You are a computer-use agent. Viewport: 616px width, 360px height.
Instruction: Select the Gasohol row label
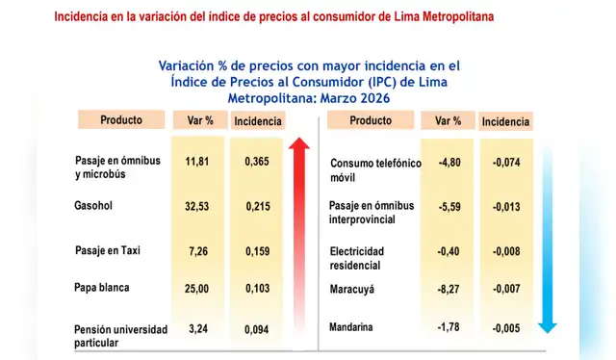click(92, 206)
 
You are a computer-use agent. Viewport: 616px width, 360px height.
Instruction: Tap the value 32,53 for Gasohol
click(197, 206)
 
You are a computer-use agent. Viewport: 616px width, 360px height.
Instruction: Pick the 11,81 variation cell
click(197, 163)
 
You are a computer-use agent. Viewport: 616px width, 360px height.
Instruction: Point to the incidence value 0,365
click(257, 163)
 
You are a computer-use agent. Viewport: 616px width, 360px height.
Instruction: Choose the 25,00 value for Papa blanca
click(197, 288)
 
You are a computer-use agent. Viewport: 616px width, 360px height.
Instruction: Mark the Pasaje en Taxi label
click(108, 250)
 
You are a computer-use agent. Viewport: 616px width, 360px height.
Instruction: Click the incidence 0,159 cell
click(257, 250)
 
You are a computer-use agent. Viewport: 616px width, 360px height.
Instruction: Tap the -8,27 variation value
click(449, 287)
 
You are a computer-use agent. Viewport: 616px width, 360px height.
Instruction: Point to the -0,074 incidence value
click(506, 163)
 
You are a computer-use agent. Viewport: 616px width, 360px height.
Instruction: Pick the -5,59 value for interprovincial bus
click(449, 206)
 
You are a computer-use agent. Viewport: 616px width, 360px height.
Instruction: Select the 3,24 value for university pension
click(197, 328)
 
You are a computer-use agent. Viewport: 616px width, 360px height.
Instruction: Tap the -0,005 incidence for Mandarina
click(506, 328)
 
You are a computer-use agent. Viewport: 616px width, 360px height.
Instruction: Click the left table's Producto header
click(121, 120)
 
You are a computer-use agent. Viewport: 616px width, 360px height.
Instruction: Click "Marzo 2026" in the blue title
click(352, 99)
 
